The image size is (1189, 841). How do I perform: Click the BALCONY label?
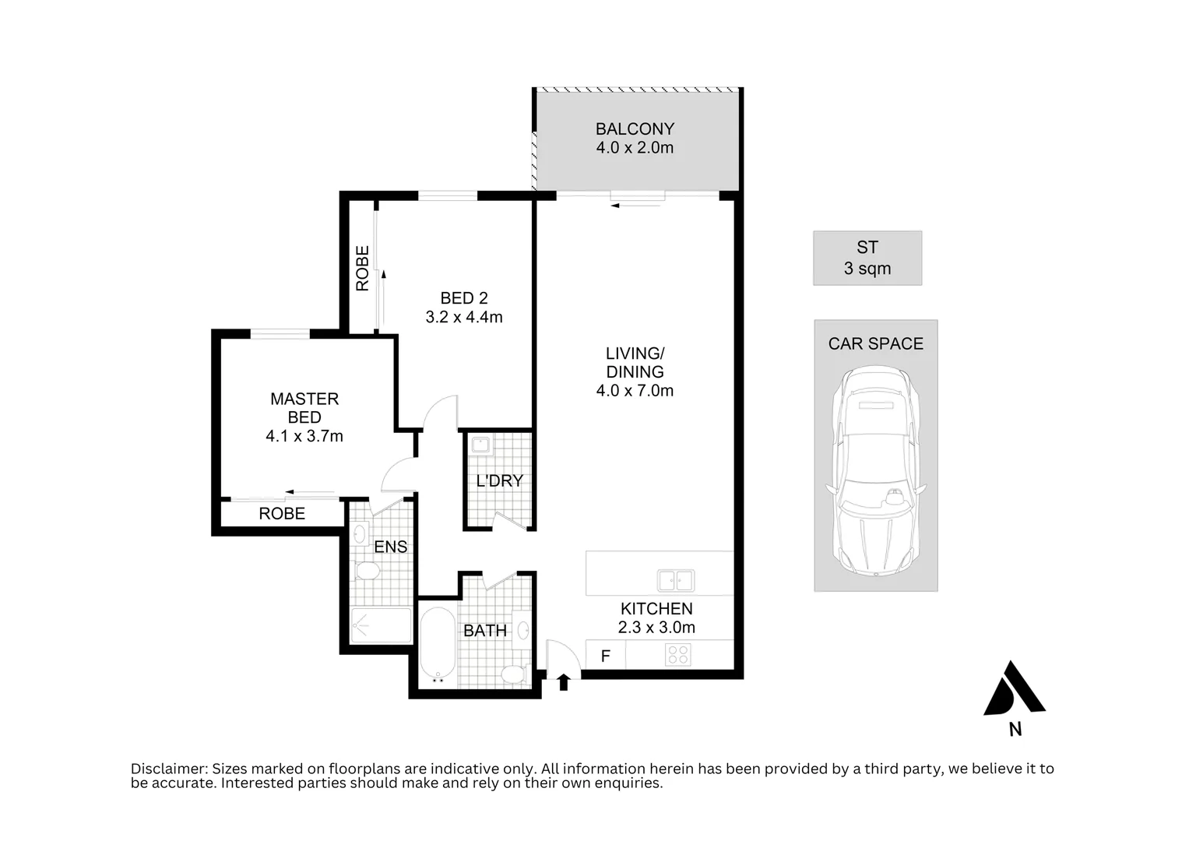pos(635,129)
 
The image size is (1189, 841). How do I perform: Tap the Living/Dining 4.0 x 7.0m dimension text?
pos(635,391)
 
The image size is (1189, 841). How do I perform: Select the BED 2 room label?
pos(464,297)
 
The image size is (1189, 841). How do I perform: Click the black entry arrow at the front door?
pos(564,681)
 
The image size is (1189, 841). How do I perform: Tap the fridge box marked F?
pos(606,656)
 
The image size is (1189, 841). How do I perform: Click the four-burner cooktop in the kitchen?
pos(678,655)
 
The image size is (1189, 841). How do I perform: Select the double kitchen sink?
pos(675,580)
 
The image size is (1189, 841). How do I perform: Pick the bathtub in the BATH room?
pos(438,646)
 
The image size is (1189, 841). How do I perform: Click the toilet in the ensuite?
pos(368,571)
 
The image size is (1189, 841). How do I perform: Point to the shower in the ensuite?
pos(381,625)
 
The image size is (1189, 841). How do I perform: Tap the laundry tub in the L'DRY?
pos(482,445)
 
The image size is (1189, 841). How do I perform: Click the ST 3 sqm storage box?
pos(867,258)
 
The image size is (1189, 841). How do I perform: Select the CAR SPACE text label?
pos(876,343)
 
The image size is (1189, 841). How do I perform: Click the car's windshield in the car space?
pos(876,506)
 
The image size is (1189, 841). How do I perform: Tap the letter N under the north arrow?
pos(1015,730)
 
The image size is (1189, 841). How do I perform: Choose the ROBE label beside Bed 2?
pos(363,268)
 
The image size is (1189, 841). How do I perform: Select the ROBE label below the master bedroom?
pos(282,513)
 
